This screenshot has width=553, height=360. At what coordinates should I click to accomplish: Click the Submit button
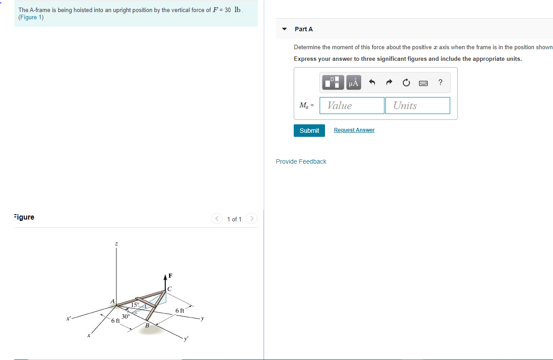[x=309, y=131]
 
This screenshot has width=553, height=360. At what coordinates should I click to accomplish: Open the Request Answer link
[x=354, y=130]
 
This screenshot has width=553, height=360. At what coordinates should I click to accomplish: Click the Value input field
[x=352, y=106]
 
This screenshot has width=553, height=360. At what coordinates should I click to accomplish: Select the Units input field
[x=417, y=106]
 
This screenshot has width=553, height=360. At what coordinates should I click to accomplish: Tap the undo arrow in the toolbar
[x=371, y=83]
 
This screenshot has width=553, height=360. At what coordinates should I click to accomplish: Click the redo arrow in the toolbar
[x=389, y=83]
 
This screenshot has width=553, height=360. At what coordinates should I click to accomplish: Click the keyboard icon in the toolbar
[x=423, y=83]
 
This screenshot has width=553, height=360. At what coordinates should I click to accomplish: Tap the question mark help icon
[x=441, y=82]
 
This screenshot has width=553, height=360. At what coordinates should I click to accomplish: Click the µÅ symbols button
[x=353, y=83]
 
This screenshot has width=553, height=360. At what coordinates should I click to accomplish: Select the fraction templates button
[x=333, y=83]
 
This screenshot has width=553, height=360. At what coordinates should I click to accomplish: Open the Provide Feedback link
[x=301, y=161]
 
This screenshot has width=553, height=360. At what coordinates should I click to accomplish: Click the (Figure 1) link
[x=31, y=17]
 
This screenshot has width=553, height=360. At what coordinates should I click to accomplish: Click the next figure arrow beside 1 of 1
[x=252, y=219]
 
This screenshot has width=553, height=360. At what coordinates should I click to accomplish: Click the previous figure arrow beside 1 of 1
[x=217, y=219]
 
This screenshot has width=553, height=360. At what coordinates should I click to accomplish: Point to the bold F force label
[x=170, y=275]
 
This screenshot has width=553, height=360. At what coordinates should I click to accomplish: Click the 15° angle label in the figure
[x=135, y=305]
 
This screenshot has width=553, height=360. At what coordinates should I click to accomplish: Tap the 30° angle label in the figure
[x=126, y=316]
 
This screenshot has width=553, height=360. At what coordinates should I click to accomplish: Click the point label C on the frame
[x=169, y=288]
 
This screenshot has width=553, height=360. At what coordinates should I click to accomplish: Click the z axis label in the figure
[x=117, y=244]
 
